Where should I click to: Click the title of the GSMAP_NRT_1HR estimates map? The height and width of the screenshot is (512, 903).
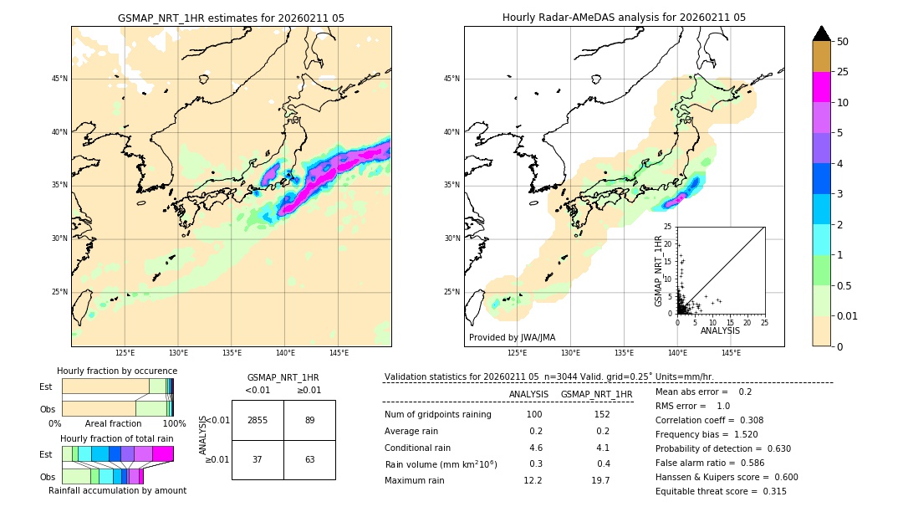(x=231, y=18)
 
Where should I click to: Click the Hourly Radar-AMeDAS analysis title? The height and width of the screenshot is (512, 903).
(x=624, y=18)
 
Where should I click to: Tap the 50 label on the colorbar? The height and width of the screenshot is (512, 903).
(x=843, y=42)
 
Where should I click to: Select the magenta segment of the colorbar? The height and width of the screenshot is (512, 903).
(x=821, y=87)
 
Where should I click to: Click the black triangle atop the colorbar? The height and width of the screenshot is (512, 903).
(x=821, y=33)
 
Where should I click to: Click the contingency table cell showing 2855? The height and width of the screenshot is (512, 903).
(x=258, y=420)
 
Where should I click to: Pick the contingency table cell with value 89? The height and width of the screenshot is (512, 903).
(x=309, y=420)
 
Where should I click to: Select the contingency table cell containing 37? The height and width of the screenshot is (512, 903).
(x=258, y=459)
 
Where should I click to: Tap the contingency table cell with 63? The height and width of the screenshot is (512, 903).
(x=309, y=459)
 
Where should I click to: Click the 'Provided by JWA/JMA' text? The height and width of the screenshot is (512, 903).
(x=512, y=337)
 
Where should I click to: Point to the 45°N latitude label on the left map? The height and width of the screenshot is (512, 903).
(x=59, y=79)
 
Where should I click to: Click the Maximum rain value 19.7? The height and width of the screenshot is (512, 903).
(x=600, y=480)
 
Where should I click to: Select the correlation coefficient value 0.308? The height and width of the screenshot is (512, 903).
(x=746, y=420)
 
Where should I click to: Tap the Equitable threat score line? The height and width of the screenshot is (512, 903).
(x=721, y=491)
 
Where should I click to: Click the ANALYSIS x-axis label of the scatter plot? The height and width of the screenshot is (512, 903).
(x=720, y=330)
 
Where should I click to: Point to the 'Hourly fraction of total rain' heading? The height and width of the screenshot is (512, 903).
(x=116, y=438)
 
